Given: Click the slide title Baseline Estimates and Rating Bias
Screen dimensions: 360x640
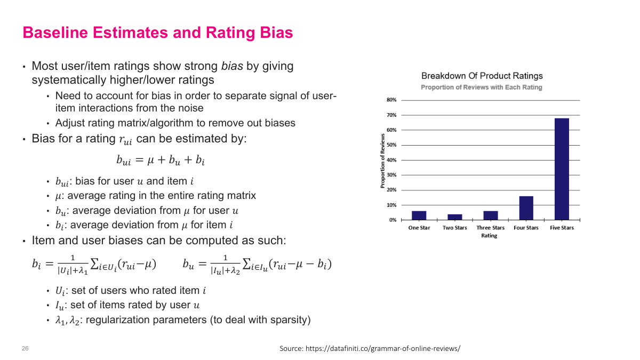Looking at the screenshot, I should click(157, 33).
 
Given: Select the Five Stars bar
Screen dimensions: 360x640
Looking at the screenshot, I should click(562, 169).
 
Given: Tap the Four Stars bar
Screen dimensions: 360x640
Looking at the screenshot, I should click(526, 208).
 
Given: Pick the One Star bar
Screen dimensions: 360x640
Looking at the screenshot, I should click(419, 215).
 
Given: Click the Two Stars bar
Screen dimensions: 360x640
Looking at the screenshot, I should click(454, 217).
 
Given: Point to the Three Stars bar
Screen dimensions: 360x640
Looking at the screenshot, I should click(490, 215).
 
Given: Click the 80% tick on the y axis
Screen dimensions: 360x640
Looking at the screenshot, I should click(391, 100).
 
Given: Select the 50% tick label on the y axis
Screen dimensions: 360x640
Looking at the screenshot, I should click(391, 145).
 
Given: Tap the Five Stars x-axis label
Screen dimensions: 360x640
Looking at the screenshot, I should click(562, 228).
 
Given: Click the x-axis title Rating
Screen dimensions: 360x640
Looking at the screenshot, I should click(489, 236).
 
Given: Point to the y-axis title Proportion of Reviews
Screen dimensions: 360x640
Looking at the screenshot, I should click(382, 161).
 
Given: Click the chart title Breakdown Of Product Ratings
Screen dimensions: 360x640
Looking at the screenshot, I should click(482, 76).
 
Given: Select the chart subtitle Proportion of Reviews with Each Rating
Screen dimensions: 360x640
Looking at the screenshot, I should click(481, 87).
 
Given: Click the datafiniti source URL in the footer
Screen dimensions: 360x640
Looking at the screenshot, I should click(382, 348).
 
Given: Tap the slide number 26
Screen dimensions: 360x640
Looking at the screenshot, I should click(25, 348).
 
